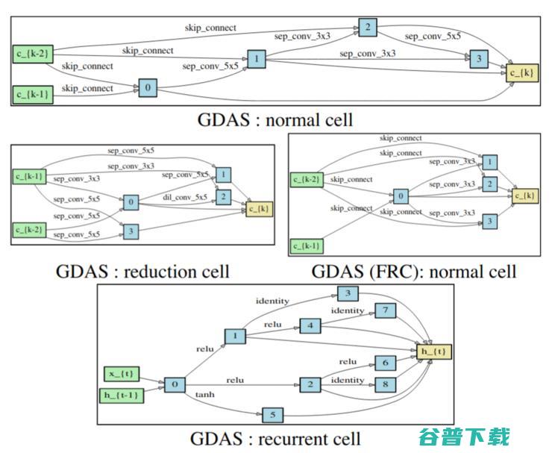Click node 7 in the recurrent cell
point(385,310)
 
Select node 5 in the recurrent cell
point(272,413)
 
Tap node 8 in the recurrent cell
point(385,385)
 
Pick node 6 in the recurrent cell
point(385,363)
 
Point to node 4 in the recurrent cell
point(310,326)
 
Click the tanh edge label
point(205,394)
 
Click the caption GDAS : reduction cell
point(142,271)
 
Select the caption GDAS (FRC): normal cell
point(413,271)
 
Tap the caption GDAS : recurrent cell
point(275,439)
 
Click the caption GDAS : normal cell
point(275,119)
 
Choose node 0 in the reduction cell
point(131,202)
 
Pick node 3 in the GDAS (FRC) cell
point(489,221)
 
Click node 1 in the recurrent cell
point(234,337)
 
